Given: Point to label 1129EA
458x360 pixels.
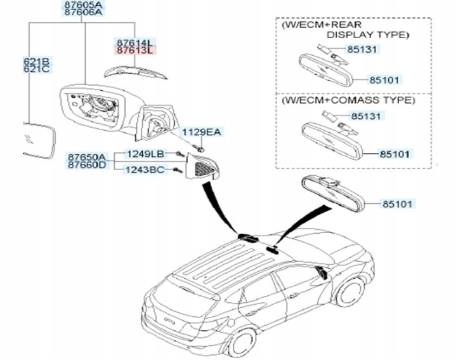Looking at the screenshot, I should click(201, 132).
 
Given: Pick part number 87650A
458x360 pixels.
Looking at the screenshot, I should click(88, 156).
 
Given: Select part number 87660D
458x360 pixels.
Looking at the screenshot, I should click(88, 165).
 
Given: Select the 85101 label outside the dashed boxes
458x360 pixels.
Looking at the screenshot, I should click(397, 204).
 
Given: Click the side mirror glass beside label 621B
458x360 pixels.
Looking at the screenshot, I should click(37, 138).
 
